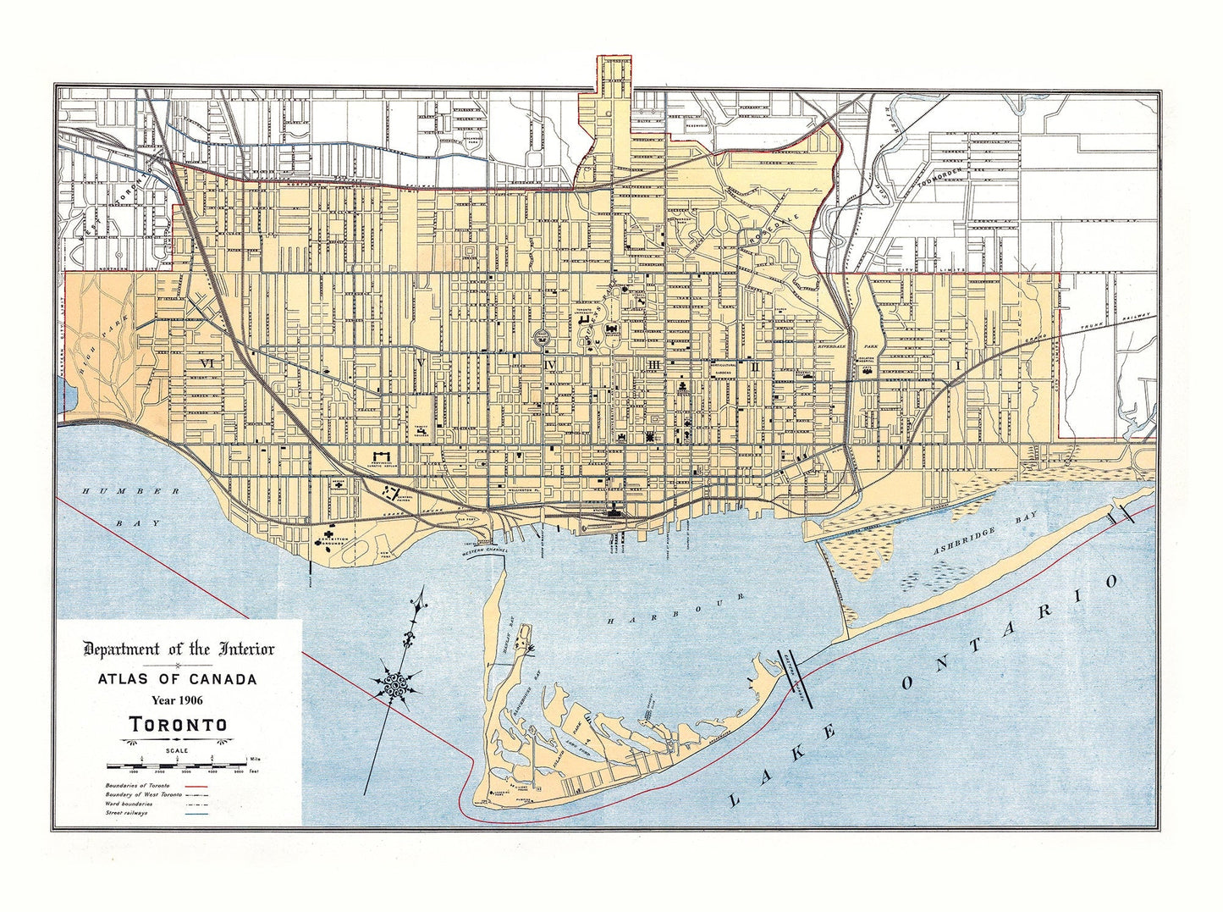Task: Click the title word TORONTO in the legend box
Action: (178, 725)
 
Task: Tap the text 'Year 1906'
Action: (178, 699)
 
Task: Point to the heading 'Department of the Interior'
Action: (179, 649)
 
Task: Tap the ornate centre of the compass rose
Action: (395, 685)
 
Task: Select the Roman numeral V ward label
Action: (420, 362)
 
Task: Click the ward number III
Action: (653, 365)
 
